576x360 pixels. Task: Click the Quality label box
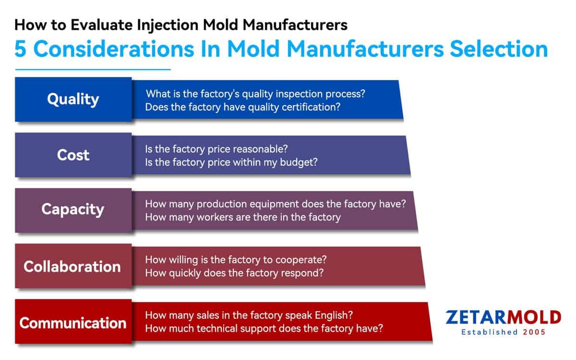click(73, 99)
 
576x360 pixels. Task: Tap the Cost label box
click(73, 155)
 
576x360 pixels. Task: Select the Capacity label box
click(73, 210)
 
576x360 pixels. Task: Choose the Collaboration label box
click(73, 266)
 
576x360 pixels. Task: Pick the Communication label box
click(73, 322)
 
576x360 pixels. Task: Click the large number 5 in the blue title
click(20, 49)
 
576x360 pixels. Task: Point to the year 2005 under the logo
click(534, 332)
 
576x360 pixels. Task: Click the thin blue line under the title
click(93, 70)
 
